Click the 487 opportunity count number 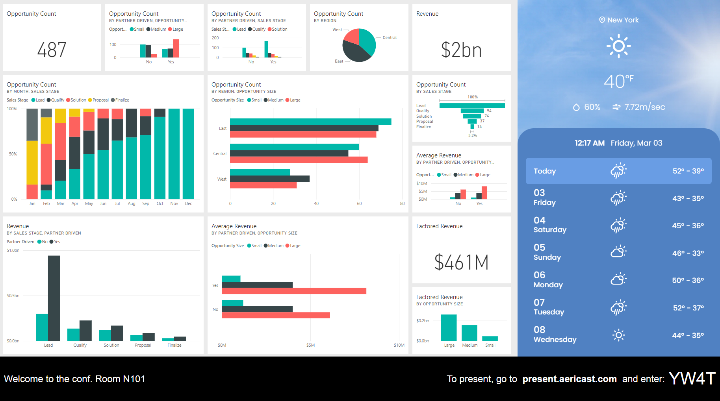[52, 50]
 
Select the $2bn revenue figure [461, 50]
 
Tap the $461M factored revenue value [461, 262]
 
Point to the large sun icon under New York [618, 46]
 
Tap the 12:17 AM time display [589, 143]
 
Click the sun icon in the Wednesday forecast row [618, 335]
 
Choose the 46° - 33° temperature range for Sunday [688, 253]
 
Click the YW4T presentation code [692, 379]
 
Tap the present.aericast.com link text [569, 379]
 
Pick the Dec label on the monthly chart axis [188, 204]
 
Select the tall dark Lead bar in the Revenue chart [54, 298]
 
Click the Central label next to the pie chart [390, 38]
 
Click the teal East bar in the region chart [310, 122]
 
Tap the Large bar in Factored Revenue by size [449, 327]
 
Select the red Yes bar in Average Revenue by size [294, 291]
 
